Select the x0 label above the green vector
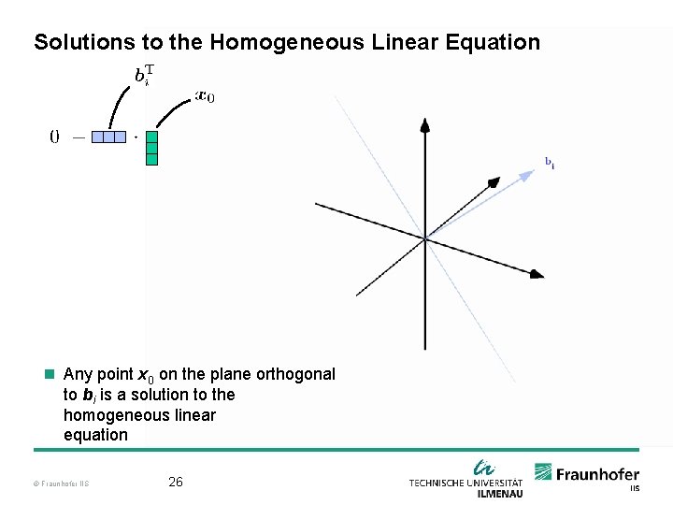point(204,95)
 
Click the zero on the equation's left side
point(54,137)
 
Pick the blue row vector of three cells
point(108,137)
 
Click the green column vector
point(151,148)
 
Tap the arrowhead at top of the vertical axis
point(424,124)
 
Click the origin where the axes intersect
point(425,239)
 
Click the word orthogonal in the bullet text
point(294,374)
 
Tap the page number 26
point(175,483)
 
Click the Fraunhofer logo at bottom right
point(587,474)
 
